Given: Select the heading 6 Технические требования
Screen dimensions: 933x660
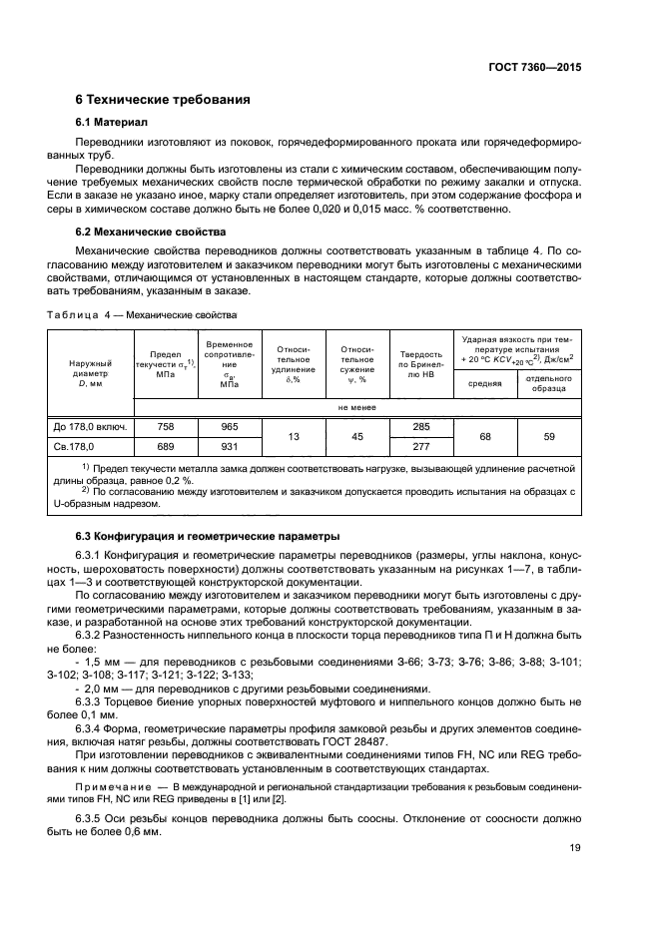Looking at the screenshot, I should tap(163, 100).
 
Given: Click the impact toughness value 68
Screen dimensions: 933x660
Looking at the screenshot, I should tap(485, 436).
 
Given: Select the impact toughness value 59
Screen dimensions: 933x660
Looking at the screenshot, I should tap(549, 436).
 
